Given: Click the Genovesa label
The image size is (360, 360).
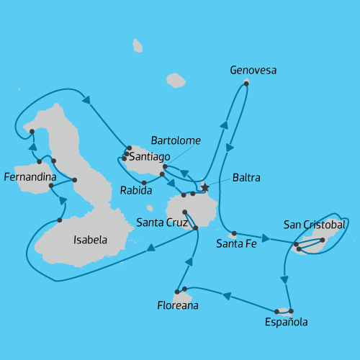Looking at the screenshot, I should (253, 71).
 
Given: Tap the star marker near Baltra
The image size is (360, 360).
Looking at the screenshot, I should (204, 187).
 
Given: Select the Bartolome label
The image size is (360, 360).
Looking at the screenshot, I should (176, 140).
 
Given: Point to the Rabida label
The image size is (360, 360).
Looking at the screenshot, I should (136, 191).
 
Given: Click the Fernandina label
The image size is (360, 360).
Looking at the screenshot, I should (30, 176).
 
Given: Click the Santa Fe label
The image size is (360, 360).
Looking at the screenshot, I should (236, 243).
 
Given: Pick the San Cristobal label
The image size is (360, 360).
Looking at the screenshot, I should (315, 225).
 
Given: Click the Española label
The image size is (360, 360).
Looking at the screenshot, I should (287, 322).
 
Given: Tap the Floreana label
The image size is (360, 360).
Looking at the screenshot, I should (178, 306).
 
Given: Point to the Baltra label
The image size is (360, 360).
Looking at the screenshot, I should (246, 177).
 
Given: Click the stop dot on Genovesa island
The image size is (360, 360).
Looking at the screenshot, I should (246, 84).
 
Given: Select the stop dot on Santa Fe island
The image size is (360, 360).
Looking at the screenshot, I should (234, 233).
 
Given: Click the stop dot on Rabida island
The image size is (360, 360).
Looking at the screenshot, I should (144, 182).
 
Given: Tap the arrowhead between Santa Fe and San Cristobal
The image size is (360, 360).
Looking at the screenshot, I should (266, 238).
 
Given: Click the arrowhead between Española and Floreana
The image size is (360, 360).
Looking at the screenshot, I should (226, 295).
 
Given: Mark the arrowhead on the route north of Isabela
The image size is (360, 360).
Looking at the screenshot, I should (86, 100).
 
